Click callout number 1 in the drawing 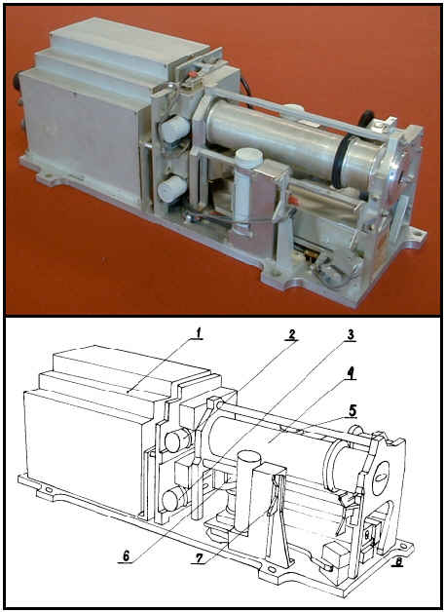[x=198, y=333]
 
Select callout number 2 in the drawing [x=291, y=334]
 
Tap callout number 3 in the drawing [x=351, y=334]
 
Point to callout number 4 [x=350, y=373]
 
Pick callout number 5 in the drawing [x=352, y=410]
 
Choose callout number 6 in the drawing [x=126, y=555]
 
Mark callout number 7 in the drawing [x=198, y=557]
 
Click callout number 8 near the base [x=399, y=561]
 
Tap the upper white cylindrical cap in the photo [x=174, y=129]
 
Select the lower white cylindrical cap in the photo [x=172, y=188]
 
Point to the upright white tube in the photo [x=243, y=187]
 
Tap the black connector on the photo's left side [x=19, y=83]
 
